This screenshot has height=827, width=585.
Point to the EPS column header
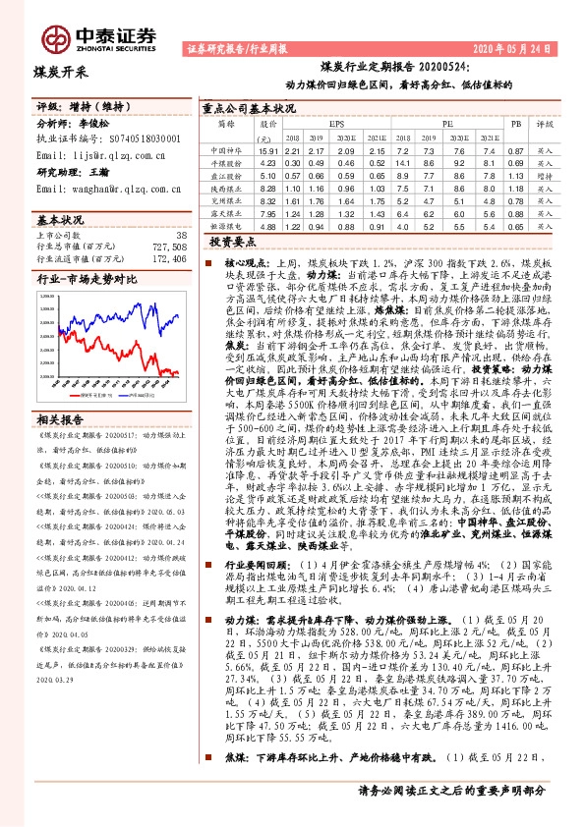337,126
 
